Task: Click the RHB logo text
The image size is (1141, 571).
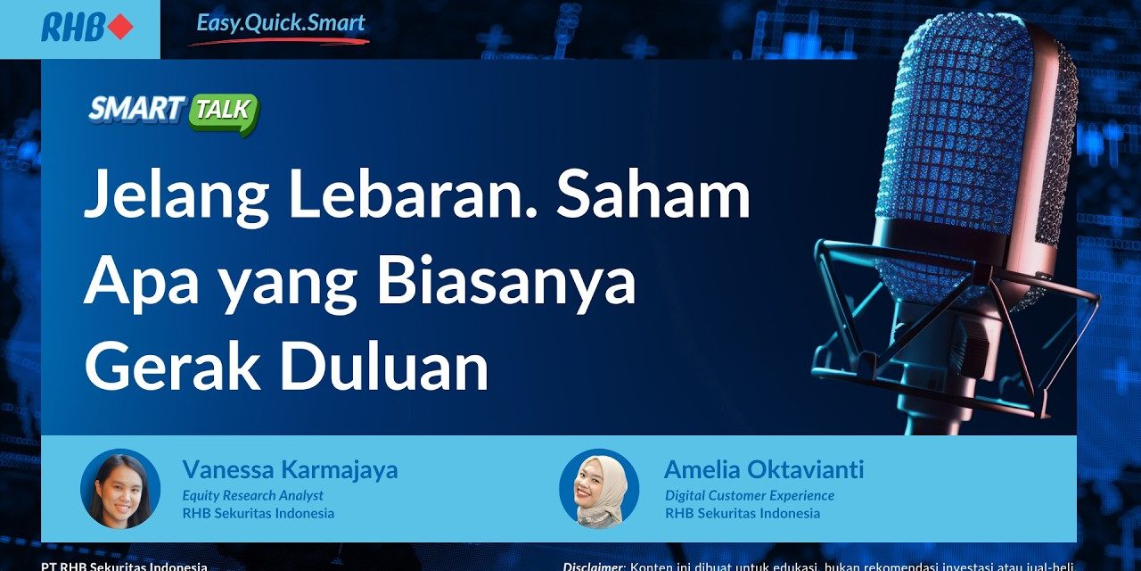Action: point(73,28)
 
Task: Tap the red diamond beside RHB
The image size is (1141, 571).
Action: point(119,28)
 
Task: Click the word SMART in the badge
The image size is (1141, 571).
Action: point(135,110)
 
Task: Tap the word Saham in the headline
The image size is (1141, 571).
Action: point(654,199)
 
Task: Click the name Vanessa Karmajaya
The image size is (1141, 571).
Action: point(290,470)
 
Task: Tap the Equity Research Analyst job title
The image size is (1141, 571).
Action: point(252,495)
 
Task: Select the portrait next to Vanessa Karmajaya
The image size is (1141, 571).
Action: point(120,489)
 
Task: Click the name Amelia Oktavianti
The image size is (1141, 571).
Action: point(763,470)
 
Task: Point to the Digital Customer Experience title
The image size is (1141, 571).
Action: point(749,495)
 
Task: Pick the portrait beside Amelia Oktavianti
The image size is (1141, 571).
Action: point(599,489)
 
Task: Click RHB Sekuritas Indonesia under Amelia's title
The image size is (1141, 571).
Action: point(742,513)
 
